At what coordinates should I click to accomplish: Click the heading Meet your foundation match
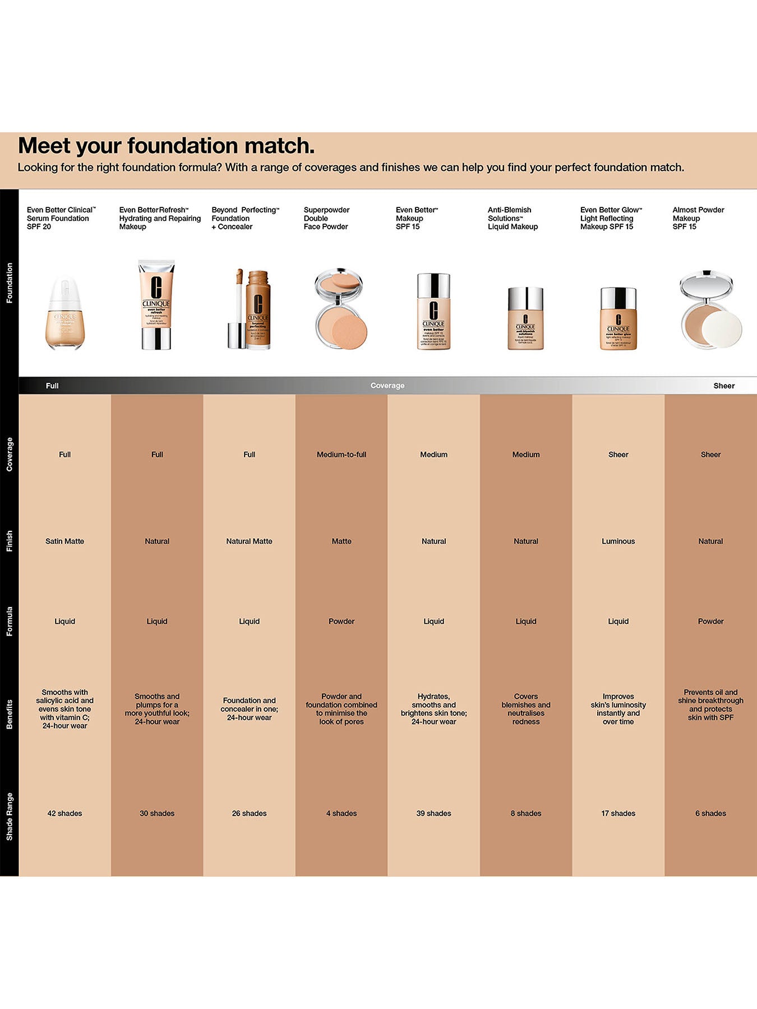(166, 146)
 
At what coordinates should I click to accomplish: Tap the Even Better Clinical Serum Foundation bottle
(64, 313)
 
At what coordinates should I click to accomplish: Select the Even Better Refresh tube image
(156, 305)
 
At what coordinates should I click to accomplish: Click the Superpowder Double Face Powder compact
(340, 309)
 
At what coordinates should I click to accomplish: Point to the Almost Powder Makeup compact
(710, 309)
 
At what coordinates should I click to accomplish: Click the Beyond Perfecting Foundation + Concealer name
(245, 218)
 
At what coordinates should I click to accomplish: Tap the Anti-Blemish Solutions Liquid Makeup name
(513, 218)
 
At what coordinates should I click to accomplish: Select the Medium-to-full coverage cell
(341, 455)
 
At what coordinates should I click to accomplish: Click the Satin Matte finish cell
(64, 541)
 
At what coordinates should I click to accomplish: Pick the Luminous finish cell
(618, 541)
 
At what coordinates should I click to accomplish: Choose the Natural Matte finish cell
(249, 541)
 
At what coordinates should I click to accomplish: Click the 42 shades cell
(64, 813)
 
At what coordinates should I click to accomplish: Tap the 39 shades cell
(433, 813)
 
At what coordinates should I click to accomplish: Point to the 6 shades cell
(710, 813)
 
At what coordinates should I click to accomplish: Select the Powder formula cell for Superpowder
(341, 622)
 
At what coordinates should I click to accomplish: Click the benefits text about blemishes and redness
(525, 709)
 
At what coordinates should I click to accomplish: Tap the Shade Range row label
(9, 817)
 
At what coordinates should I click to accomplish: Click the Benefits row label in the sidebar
(9, 714)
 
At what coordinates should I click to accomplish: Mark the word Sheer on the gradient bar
(723, 386)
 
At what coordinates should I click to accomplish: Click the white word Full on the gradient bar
(52, 386)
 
